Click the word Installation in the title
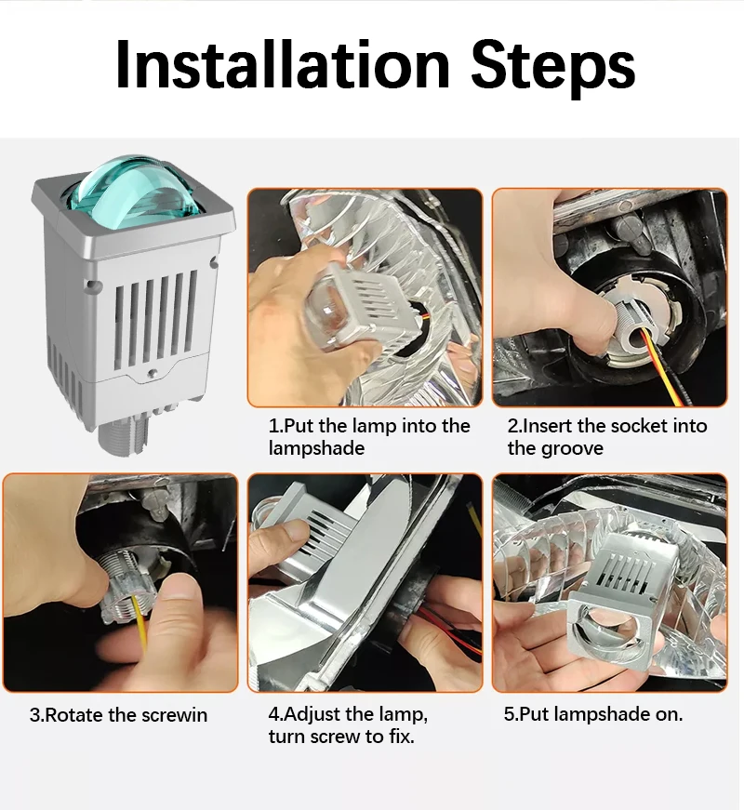point(283,64)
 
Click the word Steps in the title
point(553,68)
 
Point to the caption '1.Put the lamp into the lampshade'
point(369,436)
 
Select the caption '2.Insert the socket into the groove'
point(607,436)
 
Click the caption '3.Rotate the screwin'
point(118,715)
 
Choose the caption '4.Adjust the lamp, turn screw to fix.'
point(348,724)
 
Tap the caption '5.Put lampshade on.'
point(593,714)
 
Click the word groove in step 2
point(573,448)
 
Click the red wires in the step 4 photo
point(448,628)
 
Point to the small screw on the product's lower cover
point(152,373)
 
